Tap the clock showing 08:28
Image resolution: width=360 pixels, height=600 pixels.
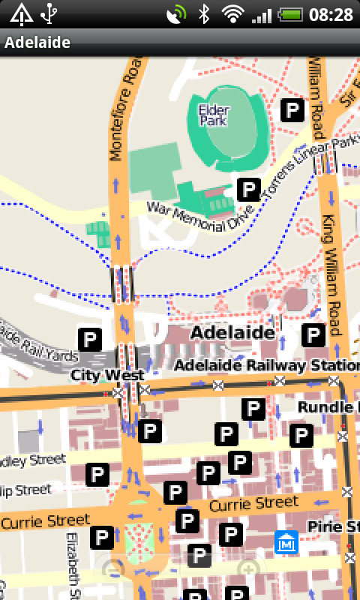pyautogui.click(x=331, y=15)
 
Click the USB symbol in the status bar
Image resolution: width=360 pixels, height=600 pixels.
pyautogui.click(x=49, y=14)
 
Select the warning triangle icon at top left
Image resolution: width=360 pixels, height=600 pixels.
pyautogui.click(x=21, y=14)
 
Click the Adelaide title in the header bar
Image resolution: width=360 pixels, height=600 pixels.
pyautogui.click(x=37, y=43)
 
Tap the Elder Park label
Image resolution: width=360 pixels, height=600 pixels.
pyautogui.click(x=213, y=115)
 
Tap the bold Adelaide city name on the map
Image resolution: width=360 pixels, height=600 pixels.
pyautogui.click(x=232, y=331)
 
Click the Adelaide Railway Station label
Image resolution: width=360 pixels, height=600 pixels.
pyautogui.click(x=265, y=365)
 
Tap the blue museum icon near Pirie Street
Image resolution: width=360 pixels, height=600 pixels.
pyautogui.click(x=286, y=541)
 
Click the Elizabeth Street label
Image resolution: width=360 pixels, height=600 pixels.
pyautogui.click(x=73, y=565)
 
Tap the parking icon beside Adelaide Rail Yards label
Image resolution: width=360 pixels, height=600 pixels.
pyautogui.click(x=90, y=339)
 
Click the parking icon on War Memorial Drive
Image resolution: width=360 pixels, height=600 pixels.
pyautogui.click(x=248, y=190)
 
